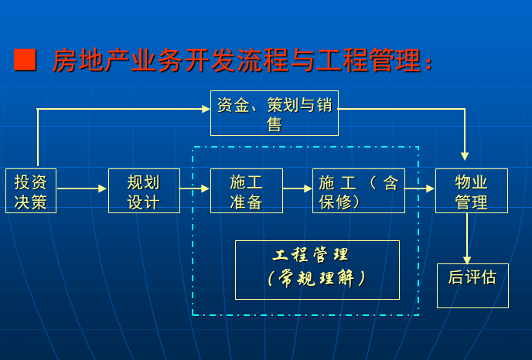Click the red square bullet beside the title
[x=25, y=60]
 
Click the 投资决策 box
[x=31, y=191]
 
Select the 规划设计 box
[x=144, y=191]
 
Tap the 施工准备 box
[x=247, y=191]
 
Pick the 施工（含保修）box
[x=358, y=191]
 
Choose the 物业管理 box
[x=472, y=191]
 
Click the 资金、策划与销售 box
[x=275, y=113]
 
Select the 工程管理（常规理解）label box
[x=317, y=270]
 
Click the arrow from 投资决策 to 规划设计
[x=82, y=188]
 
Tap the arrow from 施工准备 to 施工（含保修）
[x=298, y=188]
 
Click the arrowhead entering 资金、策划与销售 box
[x=206, y=109]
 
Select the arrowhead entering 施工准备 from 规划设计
[x=205, y=188]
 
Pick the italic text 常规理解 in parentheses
[x=317, y=278]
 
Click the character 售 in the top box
[x=275, y=124]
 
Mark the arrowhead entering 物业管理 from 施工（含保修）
[x=430, y=188]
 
